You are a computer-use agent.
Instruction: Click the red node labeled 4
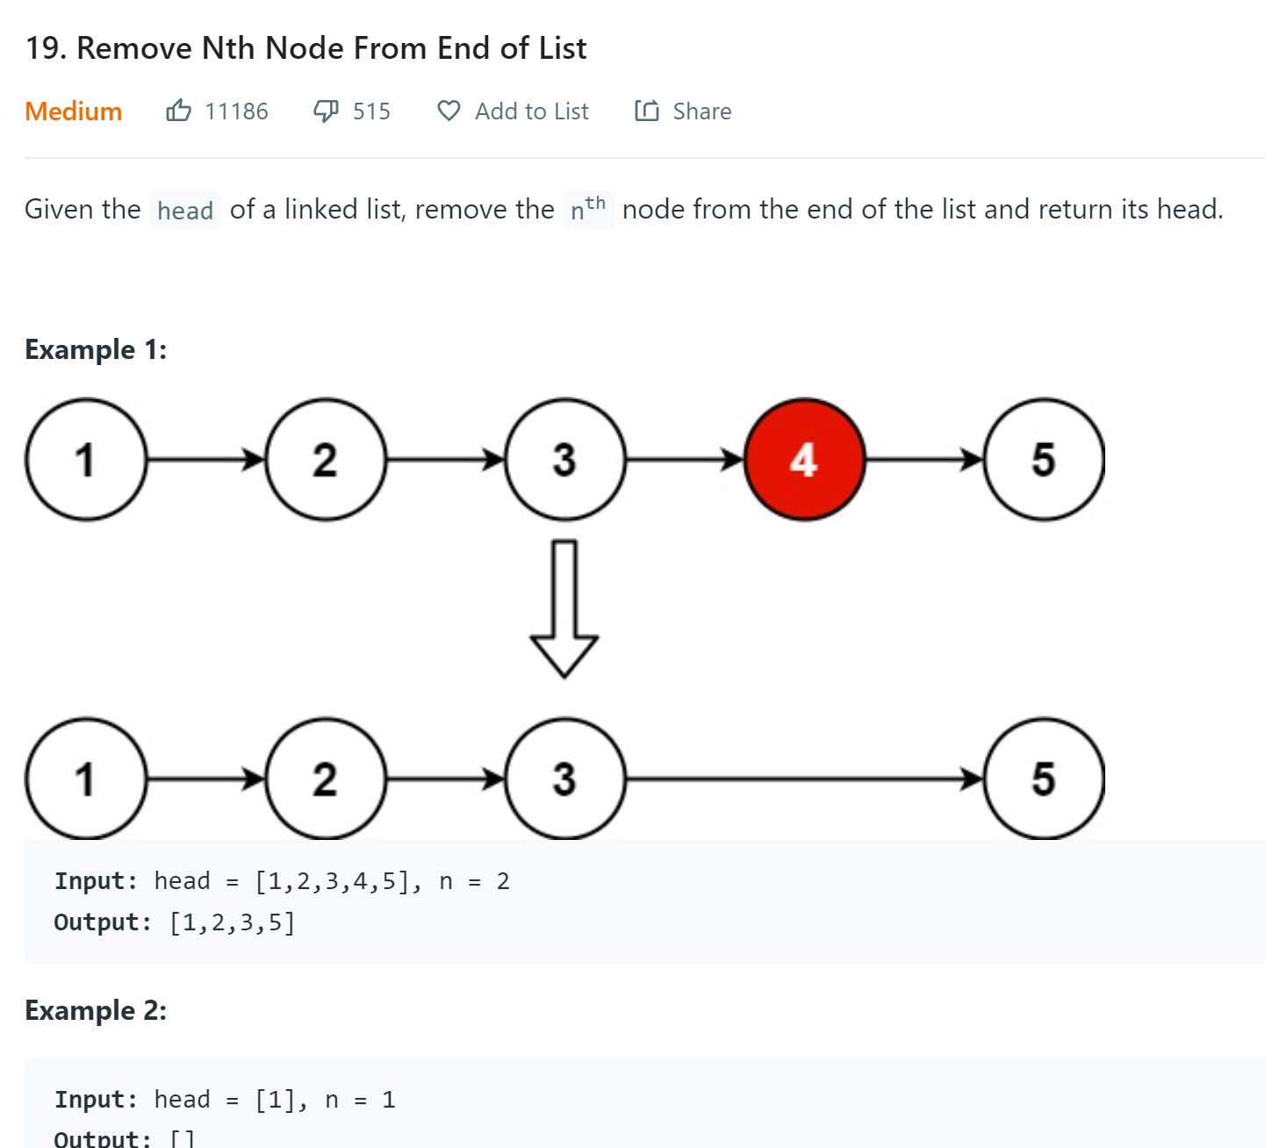point(804,459)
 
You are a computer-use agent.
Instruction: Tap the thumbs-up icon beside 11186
point(178,111)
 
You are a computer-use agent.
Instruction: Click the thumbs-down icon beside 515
point(326,111)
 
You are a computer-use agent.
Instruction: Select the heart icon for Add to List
point(449,111)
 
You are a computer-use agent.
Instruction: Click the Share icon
point(647,111)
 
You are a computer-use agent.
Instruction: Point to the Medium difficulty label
point(73,111)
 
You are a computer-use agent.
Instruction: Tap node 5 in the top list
point(1043,459)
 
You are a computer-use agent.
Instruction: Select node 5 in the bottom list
point(1043,778)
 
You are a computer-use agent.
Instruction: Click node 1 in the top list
point(85,459)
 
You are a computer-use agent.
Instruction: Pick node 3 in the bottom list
point(564,778)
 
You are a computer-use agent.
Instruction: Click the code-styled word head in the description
point(185,211)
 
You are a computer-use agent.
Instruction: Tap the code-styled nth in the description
point(587,210)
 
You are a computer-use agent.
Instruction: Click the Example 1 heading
point(96,349)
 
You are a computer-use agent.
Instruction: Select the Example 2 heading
point(96,1010)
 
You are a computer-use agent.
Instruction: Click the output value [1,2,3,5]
point(233,922)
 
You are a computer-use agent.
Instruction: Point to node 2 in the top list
point(325,459)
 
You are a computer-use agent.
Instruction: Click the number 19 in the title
point(44,48)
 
